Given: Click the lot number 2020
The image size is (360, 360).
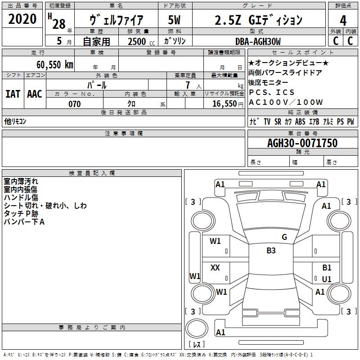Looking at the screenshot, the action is point(22,19).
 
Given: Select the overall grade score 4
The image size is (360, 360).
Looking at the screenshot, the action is point(343,21).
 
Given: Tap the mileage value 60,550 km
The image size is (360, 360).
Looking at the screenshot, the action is point(55,65).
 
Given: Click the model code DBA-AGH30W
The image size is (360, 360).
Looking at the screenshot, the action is point(258,41).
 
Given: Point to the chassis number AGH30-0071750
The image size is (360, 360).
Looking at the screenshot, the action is point(302,143).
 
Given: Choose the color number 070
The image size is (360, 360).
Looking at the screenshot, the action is point(75,104).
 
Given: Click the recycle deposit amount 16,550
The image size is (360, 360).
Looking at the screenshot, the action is point(225,104).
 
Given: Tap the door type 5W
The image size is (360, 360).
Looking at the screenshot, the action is point(174,20).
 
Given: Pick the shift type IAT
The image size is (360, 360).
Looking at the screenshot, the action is point(13,94).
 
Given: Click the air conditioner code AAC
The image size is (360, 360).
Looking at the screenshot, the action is point(35,94).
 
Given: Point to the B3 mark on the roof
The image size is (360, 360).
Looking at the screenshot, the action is point(271,251).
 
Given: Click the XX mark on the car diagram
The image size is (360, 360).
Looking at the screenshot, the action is point(215,268).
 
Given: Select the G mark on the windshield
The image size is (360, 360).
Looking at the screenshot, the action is point(284,237).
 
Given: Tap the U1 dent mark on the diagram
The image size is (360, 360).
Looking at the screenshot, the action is point(327,279).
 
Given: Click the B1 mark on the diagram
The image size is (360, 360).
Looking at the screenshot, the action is point(327,268).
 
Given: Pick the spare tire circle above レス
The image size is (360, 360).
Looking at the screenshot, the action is point(197,328).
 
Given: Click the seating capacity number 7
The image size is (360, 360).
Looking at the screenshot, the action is point(188,85).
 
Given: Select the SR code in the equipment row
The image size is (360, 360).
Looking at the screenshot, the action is point(278,121).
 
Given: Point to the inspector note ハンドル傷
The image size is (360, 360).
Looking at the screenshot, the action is point(21,198).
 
